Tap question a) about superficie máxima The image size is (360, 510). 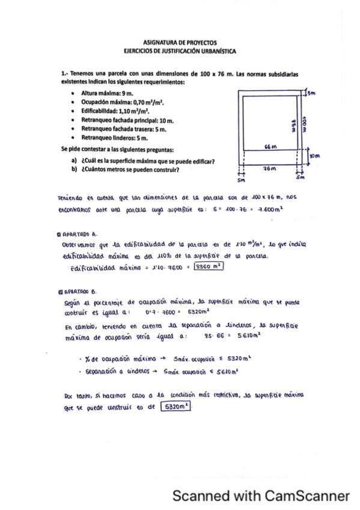[144, 161]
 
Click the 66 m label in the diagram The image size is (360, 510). [270, 147]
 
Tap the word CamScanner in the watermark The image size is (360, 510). [306, 496]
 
